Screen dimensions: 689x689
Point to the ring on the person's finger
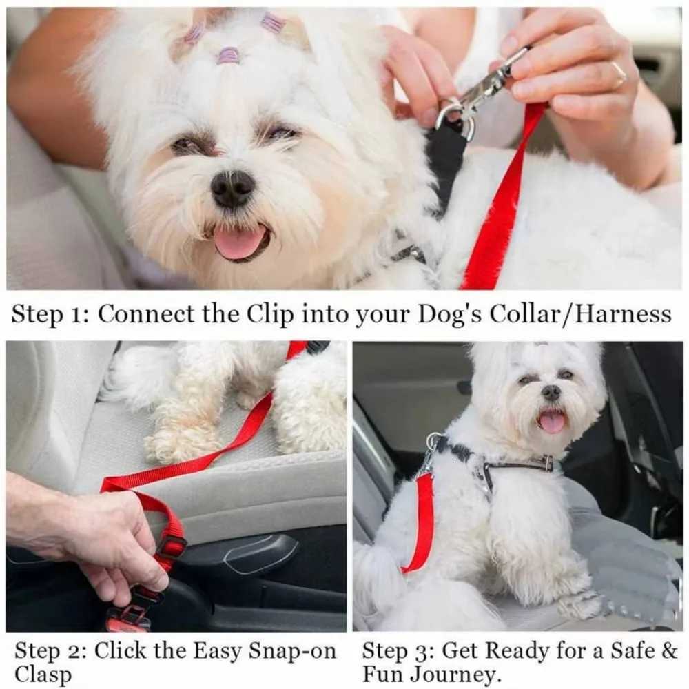point(619,73)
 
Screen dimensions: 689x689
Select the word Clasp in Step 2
point(43,675)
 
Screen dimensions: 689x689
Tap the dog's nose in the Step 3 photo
point(551,392)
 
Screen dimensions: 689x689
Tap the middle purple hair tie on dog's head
point(228,55)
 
